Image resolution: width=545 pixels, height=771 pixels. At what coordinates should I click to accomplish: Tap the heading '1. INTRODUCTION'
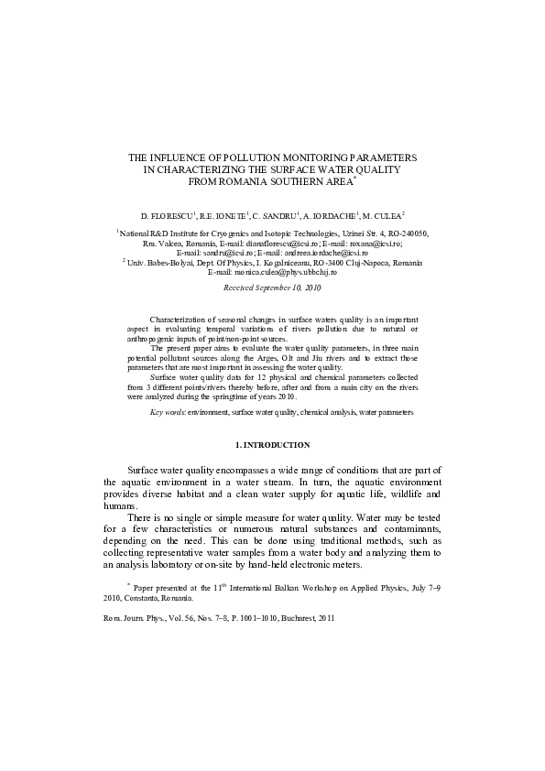(x=272, y=444)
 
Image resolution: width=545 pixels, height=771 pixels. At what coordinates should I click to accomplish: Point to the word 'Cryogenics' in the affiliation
(x=213, y=234)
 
